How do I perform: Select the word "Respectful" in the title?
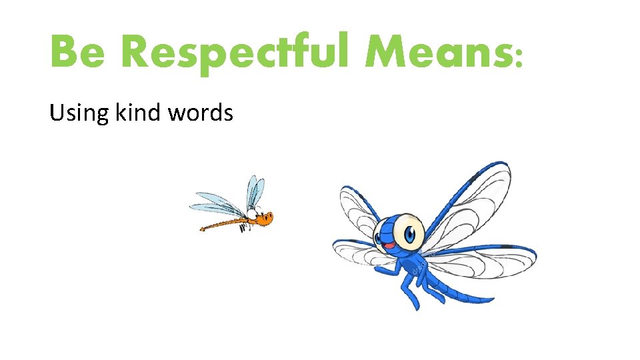(237, 53)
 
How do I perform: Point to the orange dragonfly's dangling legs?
(245, 227)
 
